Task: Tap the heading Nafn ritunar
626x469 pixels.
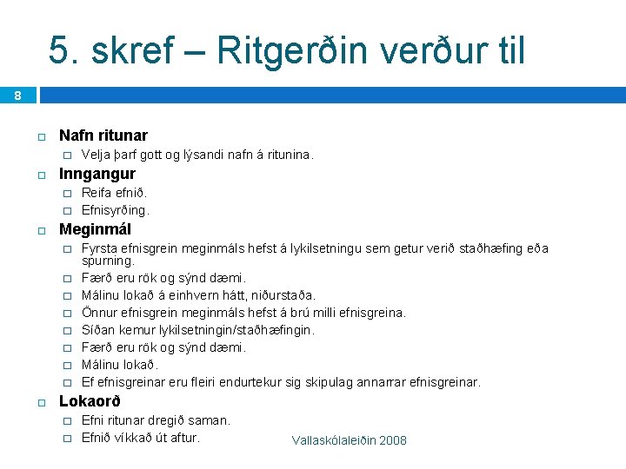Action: coord(103,135)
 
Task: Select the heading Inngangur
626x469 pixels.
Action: coord(97,174)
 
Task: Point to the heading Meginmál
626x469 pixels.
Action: coord(95,230)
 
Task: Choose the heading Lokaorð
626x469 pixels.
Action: coord(90,401)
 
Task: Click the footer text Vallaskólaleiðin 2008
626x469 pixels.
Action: coord(350,440)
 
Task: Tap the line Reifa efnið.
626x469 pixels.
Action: coord(114,193)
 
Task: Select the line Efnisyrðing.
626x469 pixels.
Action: coord(116,209)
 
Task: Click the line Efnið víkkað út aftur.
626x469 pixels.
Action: coord(141,437)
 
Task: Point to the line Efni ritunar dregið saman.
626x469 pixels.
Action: coord(156,420)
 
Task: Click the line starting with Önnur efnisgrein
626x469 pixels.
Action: coord(243,313)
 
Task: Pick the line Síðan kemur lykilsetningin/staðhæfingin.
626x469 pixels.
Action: coord(198,330)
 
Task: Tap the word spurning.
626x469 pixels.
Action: coord(108,261)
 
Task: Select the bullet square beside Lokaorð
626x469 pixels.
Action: coord(40,402)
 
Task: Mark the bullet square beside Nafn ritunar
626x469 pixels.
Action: coord(40,136)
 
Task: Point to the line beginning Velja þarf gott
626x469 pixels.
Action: coord(196,155)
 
